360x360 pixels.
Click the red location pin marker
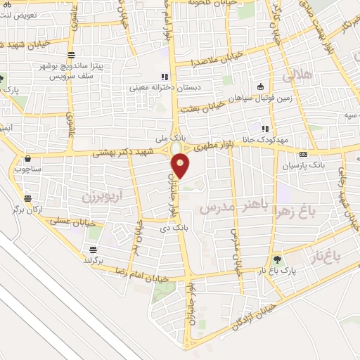[x=181, y=165]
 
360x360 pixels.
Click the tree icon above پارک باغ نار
[x=278, y=258]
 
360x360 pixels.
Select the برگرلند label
[x=93, y=260]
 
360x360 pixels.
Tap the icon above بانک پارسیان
[x=303, y=155]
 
